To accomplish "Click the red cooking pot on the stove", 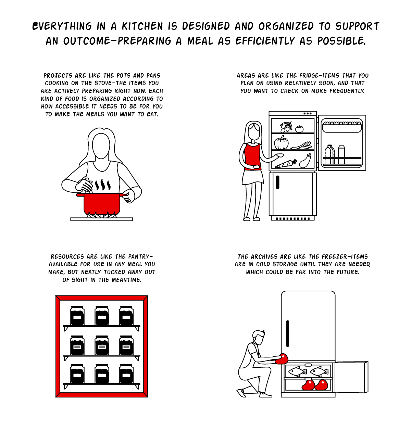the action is click(102, 203).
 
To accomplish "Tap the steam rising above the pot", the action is click(103, 185).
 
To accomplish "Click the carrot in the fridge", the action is click(286, 164).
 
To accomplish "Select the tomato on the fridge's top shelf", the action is click(299, 129).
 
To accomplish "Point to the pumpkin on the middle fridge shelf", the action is click(281, 143).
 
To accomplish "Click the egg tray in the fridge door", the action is click(342, 127).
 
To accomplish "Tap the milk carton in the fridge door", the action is click(341, 155).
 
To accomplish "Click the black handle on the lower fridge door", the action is click(277, 182).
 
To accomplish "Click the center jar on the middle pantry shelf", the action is click(102, 345).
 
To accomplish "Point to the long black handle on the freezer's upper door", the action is click(287, 333).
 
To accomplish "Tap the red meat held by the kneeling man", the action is click(282, 359).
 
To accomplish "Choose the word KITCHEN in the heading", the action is click(142, 26).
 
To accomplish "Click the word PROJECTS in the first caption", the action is click(58, 76).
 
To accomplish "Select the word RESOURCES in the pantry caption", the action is click(67, 256).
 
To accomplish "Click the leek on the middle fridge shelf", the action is click(301, 146).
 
